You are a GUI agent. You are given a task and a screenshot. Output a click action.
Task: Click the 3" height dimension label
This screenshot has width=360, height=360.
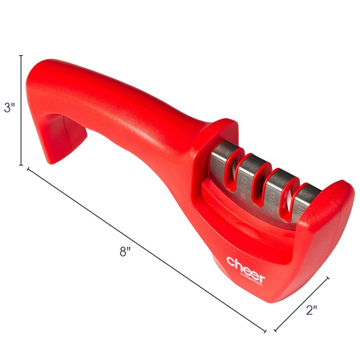(9, 108)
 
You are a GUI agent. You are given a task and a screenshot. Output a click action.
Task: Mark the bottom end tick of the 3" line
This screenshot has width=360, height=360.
(21, 165)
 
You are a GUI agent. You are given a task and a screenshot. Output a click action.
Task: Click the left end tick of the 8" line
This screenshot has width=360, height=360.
(29, 169)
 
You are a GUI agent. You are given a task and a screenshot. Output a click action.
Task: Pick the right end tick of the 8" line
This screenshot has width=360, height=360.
(265, 332)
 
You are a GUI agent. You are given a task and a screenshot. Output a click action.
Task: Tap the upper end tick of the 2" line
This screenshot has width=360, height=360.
(328, 278)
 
